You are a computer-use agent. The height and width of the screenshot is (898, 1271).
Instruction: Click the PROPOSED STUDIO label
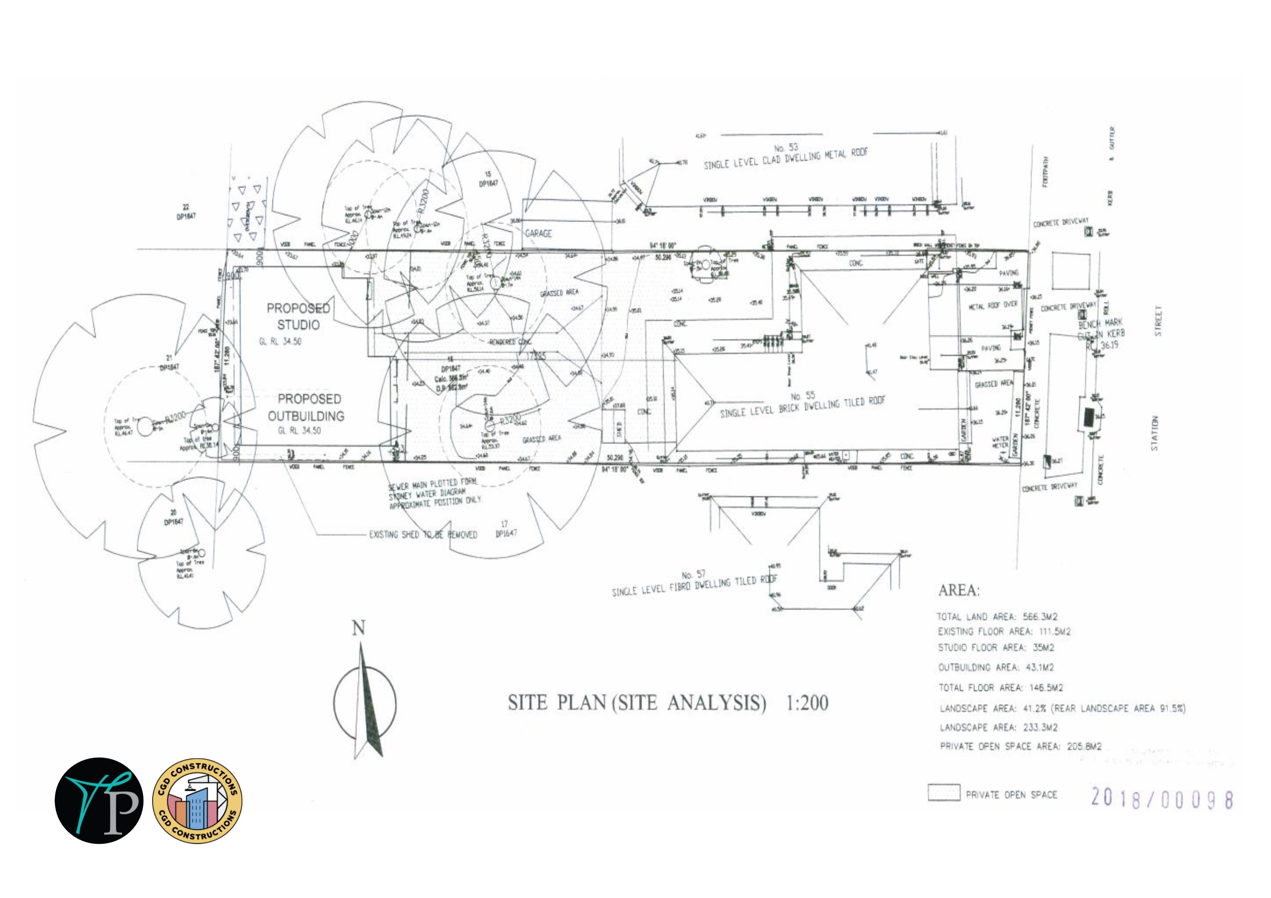point(299,316)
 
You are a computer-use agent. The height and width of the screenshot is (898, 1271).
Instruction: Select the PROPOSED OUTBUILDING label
point(306,408)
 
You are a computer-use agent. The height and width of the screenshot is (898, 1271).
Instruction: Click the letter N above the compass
point(359,628)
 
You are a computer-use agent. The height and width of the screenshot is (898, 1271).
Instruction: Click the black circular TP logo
point(99,801)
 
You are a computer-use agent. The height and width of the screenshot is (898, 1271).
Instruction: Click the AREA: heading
point(959,590)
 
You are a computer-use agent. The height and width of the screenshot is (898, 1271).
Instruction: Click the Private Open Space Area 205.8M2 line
point(1020,746)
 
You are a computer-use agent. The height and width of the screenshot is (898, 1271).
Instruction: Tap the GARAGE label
point(539,234)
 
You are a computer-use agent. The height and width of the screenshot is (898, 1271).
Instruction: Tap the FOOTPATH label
point(1045,172)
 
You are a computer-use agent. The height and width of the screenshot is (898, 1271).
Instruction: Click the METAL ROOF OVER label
point(993,305)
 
